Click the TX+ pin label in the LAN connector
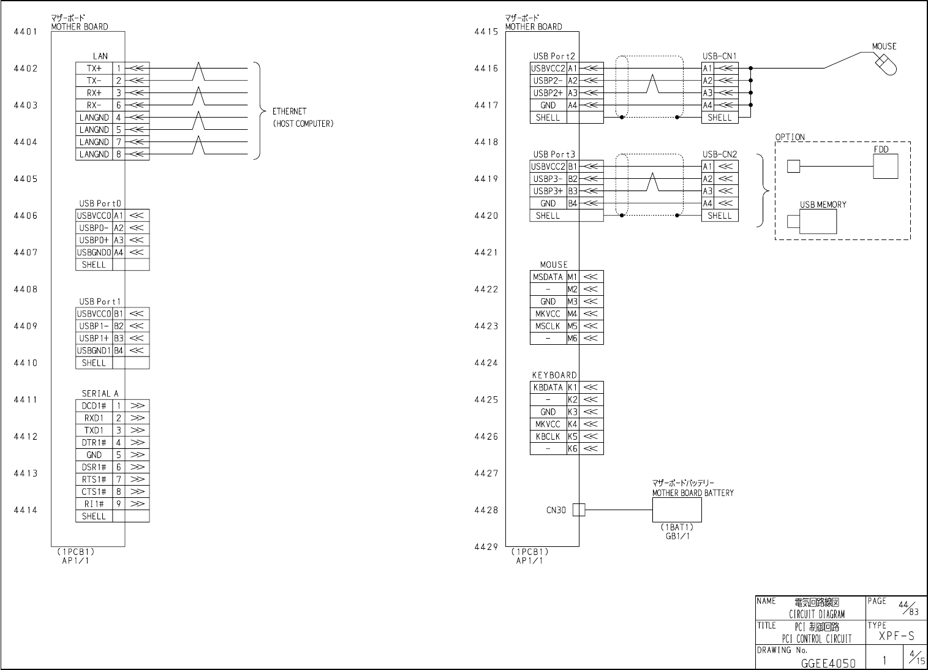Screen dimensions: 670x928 tap(94, 69)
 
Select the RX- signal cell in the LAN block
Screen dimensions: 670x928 tap(94, 105)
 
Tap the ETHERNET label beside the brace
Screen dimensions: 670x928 tap(289, 111)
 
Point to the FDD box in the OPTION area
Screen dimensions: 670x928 tap(885, 166)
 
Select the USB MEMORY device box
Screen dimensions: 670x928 tap(818, 221)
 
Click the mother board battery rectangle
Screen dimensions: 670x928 tap(676, 510)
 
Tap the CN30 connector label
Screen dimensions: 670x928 tap(556, 510)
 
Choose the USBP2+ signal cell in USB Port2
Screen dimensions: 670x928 tap(548, 93)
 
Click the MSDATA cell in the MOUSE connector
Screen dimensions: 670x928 tap(548, 277)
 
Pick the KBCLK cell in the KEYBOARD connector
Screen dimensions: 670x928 tap(548, 437)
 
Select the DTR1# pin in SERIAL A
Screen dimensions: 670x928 tap(94, 443)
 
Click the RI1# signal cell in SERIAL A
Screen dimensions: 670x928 tap(94, 504)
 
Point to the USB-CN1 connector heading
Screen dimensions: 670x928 tap(719, 56)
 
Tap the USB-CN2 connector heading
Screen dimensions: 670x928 tap(719, 154)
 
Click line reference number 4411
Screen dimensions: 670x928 tap(26, 400)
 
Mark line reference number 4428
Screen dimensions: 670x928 tap(486, 510)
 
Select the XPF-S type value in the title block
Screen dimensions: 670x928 tap(896, 636)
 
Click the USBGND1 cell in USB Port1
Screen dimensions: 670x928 tap(94, 351)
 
